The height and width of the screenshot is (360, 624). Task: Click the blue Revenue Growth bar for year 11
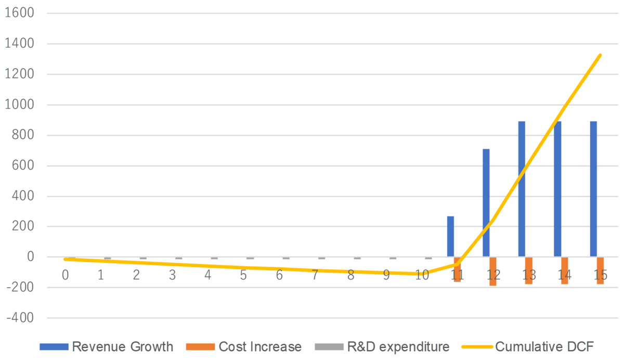click(x=450, y=236)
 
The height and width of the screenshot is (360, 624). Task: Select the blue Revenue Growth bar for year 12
click(x=486, y=203)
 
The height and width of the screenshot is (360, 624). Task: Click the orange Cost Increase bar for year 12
click(x=493, y=271)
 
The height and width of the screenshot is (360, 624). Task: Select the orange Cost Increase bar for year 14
click(x=564, y=270)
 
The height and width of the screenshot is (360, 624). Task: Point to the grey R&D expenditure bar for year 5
click(x=250, y=258)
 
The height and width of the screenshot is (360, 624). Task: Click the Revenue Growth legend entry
click(x=106, y=346)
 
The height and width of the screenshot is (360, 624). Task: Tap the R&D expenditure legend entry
click(x=382, y=346)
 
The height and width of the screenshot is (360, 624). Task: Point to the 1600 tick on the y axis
click(x=19, y=14)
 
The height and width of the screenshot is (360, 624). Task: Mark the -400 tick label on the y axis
click(x=19, y=318)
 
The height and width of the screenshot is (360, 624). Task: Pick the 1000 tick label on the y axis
click(x=19, y=105)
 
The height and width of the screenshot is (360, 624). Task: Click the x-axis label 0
click(x=66, y=274)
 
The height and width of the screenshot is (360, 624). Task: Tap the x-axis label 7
click(x=315, y=274)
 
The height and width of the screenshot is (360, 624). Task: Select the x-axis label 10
click(x=422, y=274)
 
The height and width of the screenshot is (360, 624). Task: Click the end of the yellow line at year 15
click(x=601, y=55)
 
